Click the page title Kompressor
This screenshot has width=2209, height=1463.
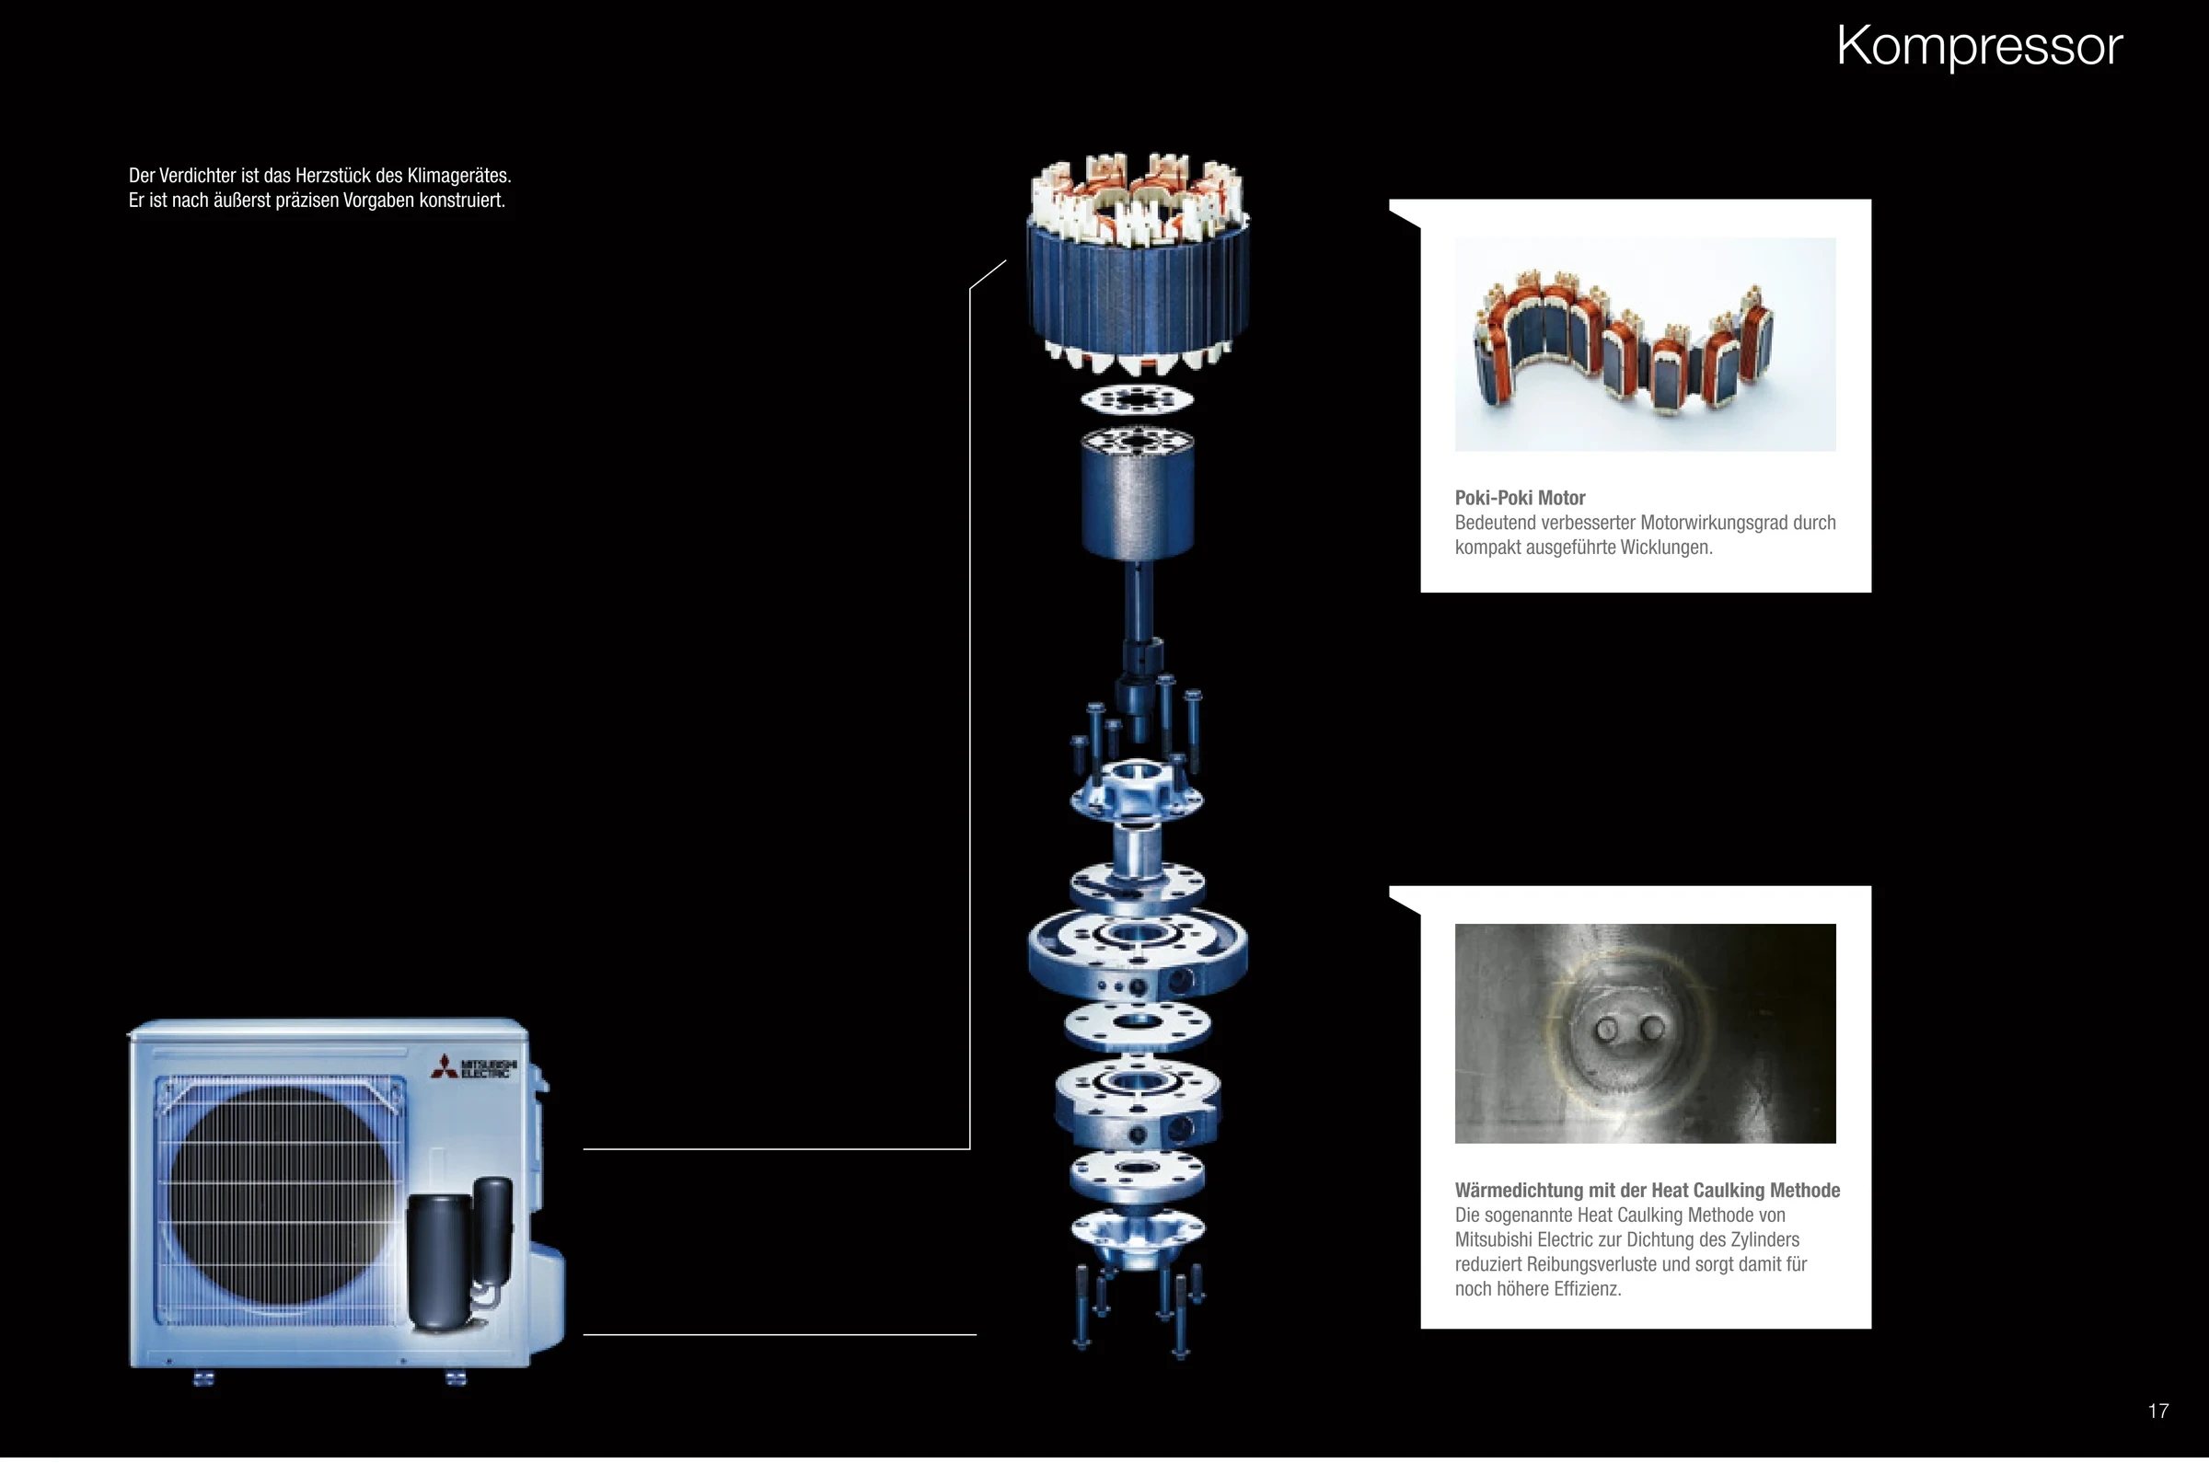pos(1979,46)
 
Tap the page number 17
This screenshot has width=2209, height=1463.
pos(2157,1411)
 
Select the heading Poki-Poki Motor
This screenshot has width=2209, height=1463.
pos(1520,498)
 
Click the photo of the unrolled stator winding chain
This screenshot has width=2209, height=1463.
pos(1645,344)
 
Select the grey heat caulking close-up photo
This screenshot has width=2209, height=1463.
pos(1645,1033)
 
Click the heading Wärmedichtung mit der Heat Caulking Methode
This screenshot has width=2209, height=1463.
pos(1648,1191)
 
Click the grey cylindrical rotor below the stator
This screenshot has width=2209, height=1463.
pos(1138,494)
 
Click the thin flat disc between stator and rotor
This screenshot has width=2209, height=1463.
pos(1137,400)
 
